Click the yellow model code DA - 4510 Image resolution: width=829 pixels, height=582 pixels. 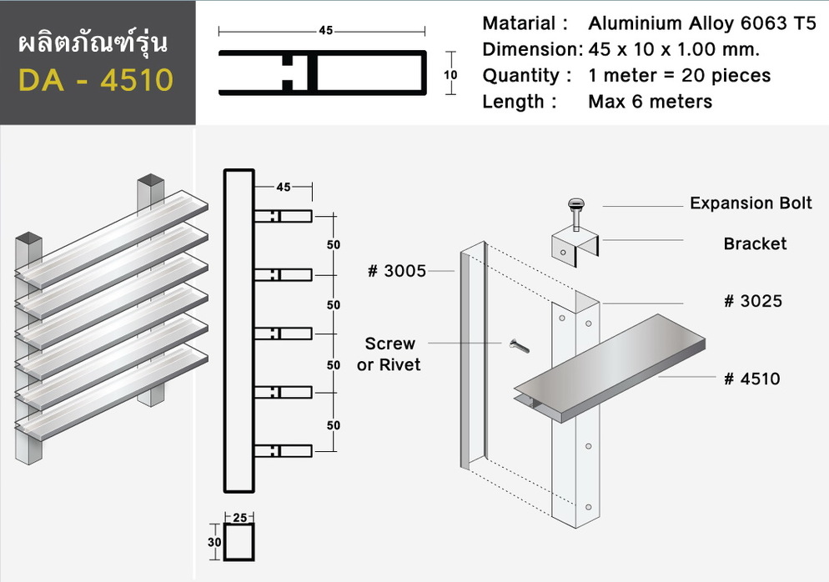click(x=96, y=80)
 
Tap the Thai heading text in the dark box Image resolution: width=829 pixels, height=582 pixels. click(x=93, y=43)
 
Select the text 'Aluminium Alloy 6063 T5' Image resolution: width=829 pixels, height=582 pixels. click(x=702, y=23)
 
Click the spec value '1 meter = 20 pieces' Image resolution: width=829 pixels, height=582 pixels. click(x=680, y=75)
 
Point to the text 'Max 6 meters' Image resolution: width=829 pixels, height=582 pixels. click(x=651, y=101)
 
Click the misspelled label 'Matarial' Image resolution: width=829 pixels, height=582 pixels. click(x=519, y=23)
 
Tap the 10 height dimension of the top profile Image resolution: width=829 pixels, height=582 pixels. click(x=450, y=74)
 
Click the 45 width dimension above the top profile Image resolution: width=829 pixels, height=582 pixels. click(x=325, y=31)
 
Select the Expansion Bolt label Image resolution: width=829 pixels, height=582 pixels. click(x=751, y=203)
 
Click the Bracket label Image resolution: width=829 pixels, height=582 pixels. click(x=755, y=243)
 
